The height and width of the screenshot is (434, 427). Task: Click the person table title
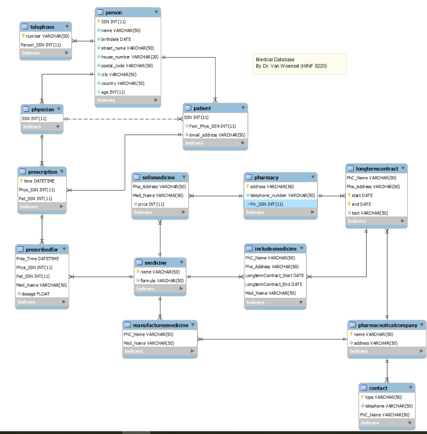click(x=114, y=12)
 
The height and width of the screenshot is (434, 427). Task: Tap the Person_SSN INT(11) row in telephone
click(x=41, y=45)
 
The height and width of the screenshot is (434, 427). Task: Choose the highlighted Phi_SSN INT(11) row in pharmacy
click(x=266, y=204)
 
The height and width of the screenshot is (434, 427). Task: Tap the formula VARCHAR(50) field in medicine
click(x=162, y=280)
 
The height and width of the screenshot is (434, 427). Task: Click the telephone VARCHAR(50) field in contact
click(x=389, y=406)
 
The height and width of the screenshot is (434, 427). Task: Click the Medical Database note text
click(x=275, y=60)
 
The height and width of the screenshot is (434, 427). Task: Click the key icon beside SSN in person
click(x=98, y=22)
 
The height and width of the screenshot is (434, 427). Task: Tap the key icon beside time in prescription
click(x=21, y=181)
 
